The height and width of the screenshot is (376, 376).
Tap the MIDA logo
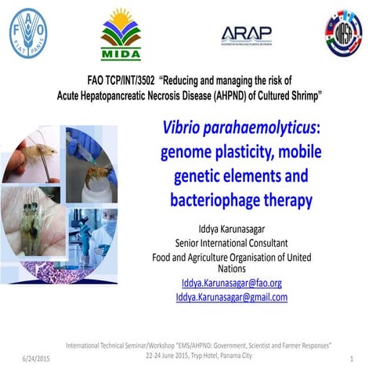pos(120,34)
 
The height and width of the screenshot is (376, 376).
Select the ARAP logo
pos(247,34)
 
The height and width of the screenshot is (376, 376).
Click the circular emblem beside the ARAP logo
pos(344,34)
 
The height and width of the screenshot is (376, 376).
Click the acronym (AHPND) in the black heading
pos(234,93)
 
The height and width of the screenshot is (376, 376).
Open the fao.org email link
pos(231,283)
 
